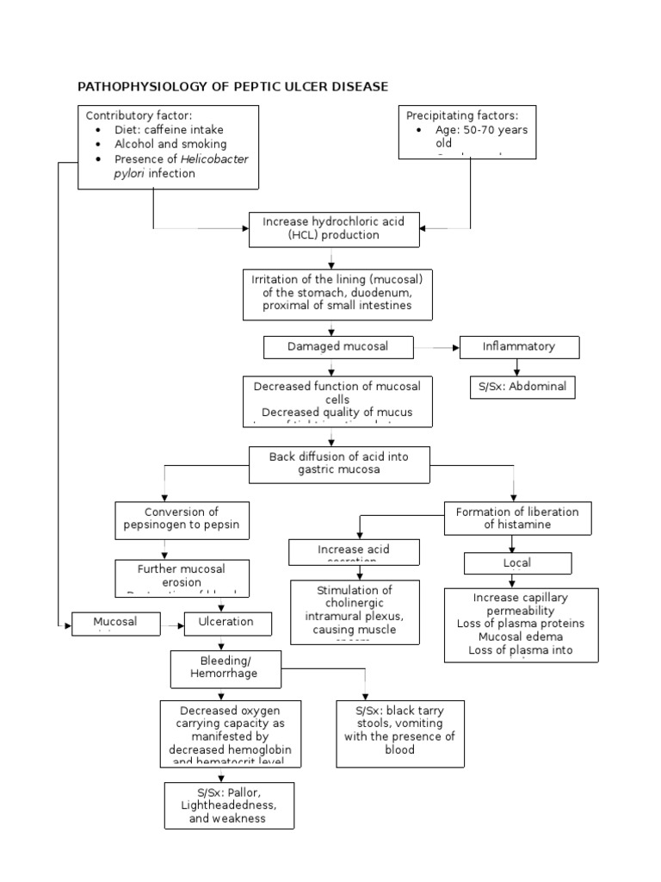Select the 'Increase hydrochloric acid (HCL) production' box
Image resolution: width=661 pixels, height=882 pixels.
click(x=334, y=229)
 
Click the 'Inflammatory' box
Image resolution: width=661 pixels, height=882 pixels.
click(x=518, y=347)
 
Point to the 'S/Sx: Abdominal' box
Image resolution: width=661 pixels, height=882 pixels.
click(x=522, y=387)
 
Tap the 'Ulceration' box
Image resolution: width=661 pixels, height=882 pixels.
click(x=227, y=623)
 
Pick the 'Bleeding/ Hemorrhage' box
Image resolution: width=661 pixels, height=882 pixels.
click(x=225, y=668)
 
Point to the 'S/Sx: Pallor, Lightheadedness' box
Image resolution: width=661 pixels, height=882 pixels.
click(x=229, y=805)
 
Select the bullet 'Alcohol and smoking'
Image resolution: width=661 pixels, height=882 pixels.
click(x=170, y=145)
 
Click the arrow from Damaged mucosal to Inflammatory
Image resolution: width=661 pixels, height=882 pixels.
click(x=437, y=347)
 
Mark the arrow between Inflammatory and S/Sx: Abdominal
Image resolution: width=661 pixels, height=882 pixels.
click(x=517, y=368)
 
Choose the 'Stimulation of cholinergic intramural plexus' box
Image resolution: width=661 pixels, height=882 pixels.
click(x=355, y=612)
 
